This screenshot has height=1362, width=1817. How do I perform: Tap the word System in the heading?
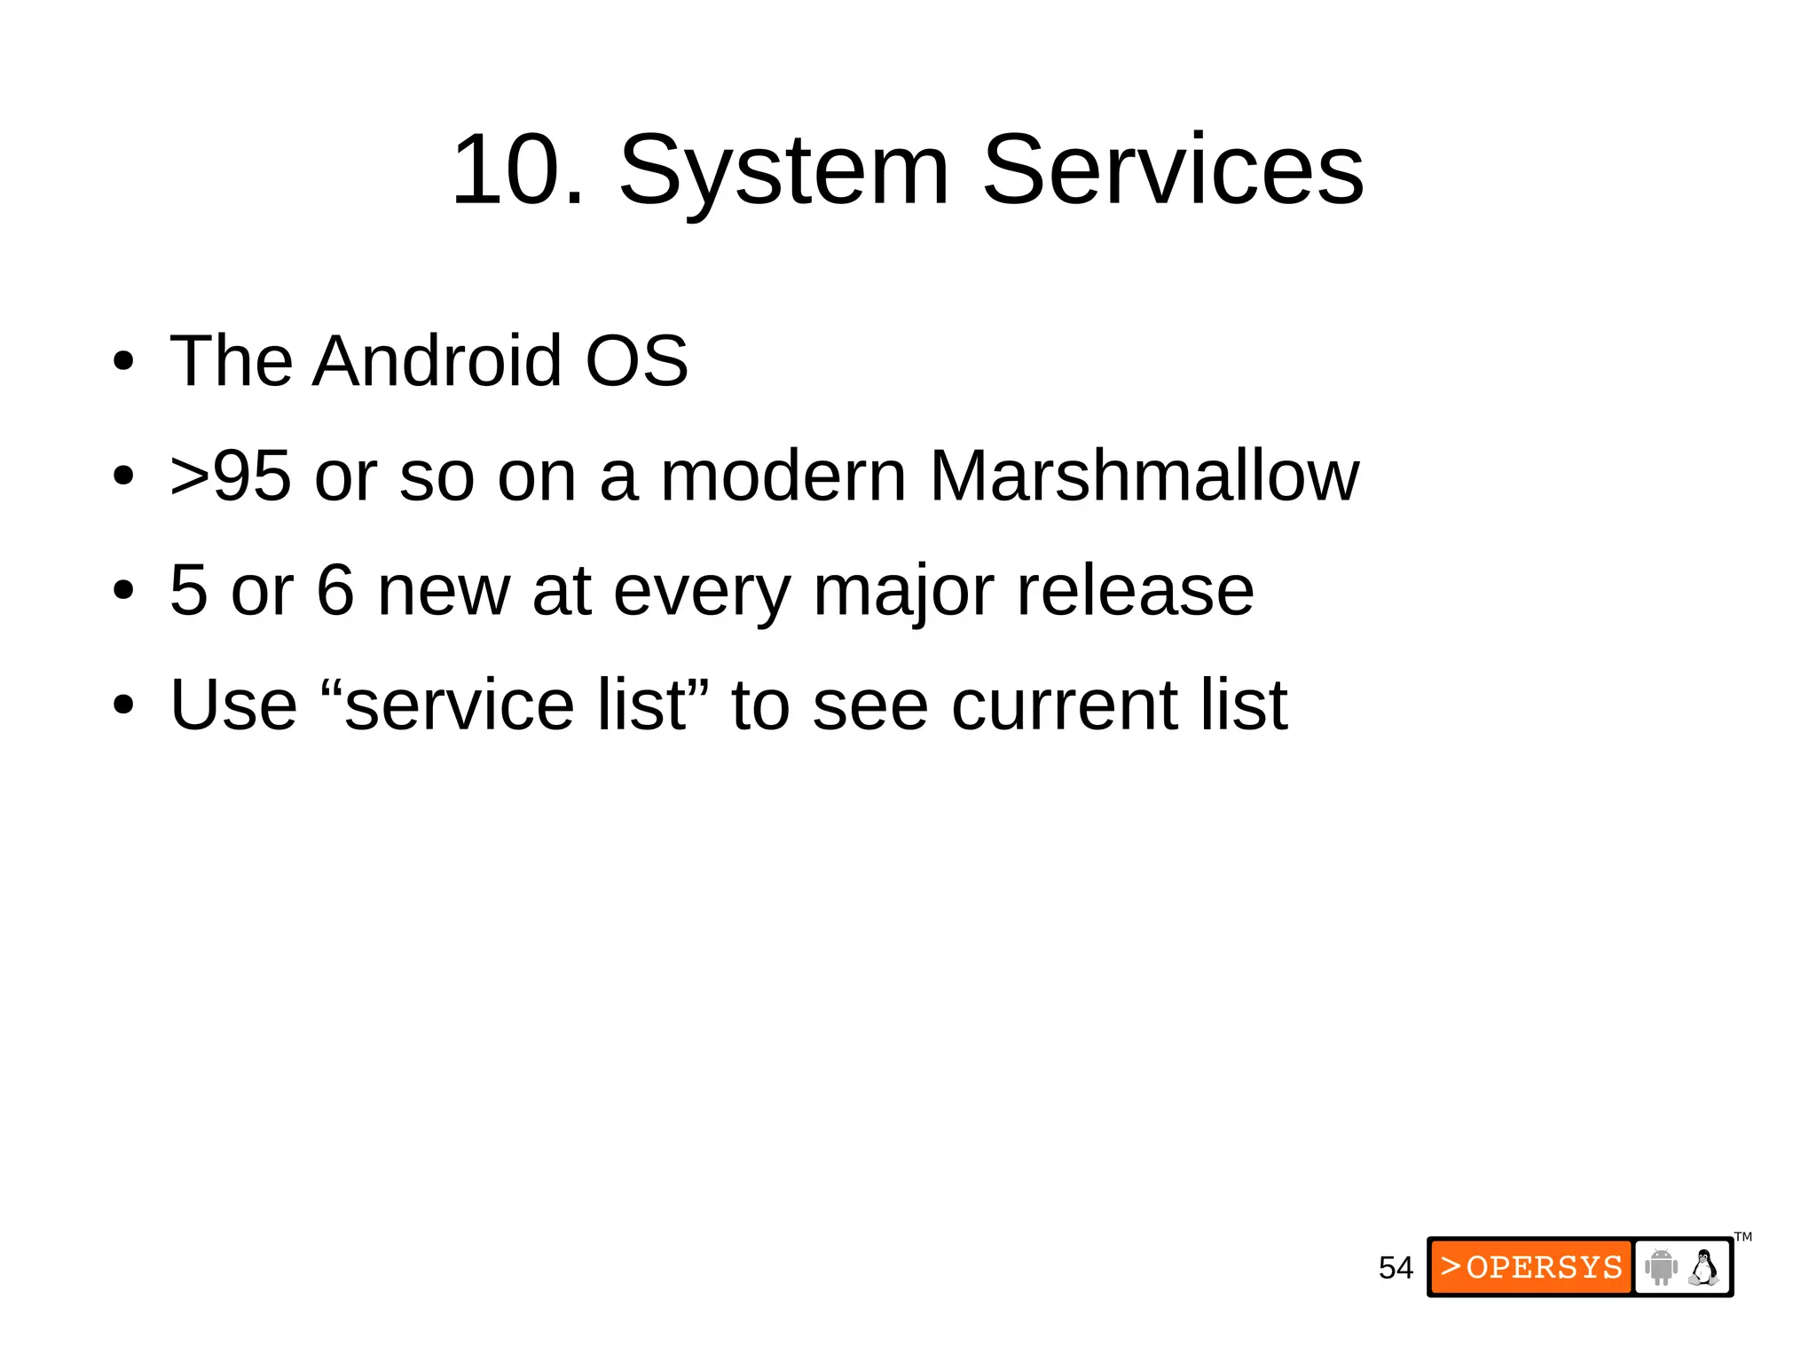[x=784, y=170]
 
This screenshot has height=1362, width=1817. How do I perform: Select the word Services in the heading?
[x=1173, y=170]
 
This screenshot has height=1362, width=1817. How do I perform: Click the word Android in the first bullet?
[x=437, y=360]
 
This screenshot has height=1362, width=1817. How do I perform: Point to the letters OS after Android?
[x=636, y=360]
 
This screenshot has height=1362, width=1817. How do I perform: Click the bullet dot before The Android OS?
[x=123, y=362]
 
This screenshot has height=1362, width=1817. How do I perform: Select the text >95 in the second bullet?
[x=230, y=476]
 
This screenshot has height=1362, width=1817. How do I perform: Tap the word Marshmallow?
[x=1144, y=476]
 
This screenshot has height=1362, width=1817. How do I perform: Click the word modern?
[x=783, y=476]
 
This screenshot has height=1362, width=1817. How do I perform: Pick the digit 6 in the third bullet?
[x=335, y=591]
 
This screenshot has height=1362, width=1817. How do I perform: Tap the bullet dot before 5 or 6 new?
[x=123, y=591]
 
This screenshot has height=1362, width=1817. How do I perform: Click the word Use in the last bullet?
[x=233, y=705]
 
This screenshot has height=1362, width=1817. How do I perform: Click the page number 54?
[x=1396, y=1268]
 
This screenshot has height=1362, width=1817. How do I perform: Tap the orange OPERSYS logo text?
[x=1532, y=1267]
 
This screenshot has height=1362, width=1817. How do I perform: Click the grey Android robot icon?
[x=1660, y=1267]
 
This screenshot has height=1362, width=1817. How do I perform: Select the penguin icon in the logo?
[x=1703, y=1267]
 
